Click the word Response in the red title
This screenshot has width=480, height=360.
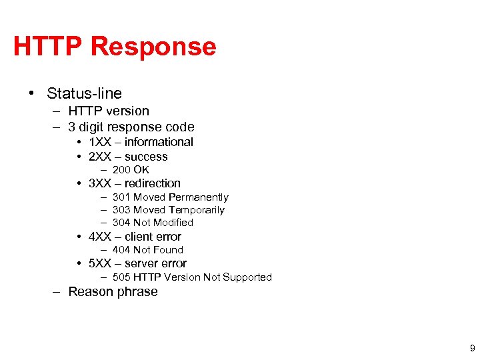pyautogui.click(x=153, y=47)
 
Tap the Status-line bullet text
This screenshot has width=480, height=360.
pyautogui.click(x=84, y=93)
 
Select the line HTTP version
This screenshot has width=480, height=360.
pyautogui.click(x=108, y=111)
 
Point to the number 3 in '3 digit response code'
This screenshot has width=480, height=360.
pyautogui.click(x=72, y=127)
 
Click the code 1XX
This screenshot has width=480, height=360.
pyautogui.click(x=101, y=142)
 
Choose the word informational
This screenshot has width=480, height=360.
pyautogui.click(x=159, y=142)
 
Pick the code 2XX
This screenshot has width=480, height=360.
pyautogui.click(x=101, y=157)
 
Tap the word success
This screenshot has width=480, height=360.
pyautogui.click(x=146, y=157)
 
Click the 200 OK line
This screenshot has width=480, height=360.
pyautogui.click(x=131, y=170)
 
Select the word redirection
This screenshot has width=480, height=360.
pyautogui.click(x=152, y=183)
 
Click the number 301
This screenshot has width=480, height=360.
pyautogui.click(x=121, y=197)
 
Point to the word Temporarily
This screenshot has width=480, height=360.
pyautogui.click(x=197, y=210)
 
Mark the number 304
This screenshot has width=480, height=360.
pyautogui.click(x=121, y=223)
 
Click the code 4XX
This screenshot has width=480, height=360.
pyautogui.click(x=101, y=237)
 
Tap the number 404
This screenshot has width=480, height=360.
pyautogui.click(x=121, y=250)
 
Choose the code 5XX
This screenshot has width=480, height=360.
pyautogui.click(x=101, y=263)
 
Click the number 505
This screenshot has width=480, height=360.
pyautogui.click(x=121, y=277)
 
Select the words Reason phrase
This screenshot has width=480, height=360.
pyautogui.click(x=113, y=292)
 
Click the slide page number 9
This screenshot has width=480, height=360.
pyautogui.click(x=472, y=348)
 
